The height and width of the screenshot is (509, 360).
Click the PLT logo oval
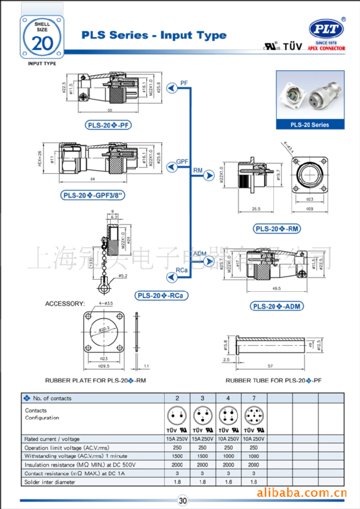click(x=326, y=29)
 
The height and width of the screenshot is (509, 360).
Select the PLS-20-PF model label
click(x=109, y=125)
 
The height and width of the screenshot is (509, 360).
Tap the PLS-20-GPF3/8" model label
click(x=93, y=195)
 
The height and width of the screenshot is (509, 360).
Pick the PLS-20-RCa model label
click(x=162, y=295)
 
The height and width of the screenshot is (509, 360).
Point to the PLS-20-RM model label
click(x=277, y=229)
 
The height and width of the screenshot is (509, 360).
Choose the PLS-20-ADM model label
click(x=277, y=306)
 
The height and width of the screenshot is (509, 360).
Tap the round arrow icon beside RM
click(x=208, y=175)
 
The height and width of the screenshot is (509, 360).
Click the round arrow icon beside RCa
click(x=168, y=276)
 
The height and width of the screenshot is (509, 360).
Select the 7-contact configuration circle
click(x=254, y=415)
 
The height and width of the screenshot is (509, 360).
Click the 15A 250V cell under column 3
click(x=202, y=439)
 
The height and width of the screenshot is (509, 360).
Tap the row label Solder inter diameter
click(x=50, y=482)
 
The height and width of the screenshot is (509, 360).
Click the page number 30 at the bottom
click(x=183, y=501)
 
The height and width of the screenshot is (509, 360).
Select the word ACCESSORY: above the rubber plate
click(x=65, y=304)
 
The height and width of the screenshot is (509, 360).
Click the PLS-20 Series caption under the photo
click(x=310, y=125)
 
